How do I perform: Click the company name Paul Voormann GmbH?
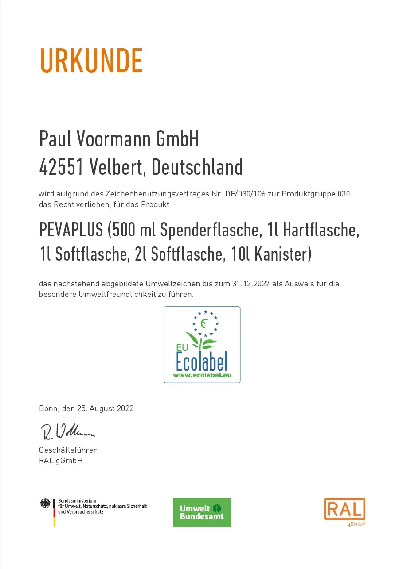(x=119, y=139)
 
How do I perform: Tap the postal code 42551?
(x=61, y=167)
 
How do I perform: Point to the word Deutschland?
(x=197, y=167)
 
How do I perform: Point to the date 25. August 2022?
(x=111, y=408)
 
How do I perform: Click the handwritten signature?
(x=67, y=431)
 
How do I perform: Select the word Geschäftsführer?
(x=68, y=450)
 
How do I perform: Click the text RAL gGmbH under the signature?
(x=61, y=461)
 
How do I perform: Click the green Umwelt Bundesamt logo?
(x=202, y=512)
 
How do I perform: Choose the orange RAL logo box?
(x=344, y=509)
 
